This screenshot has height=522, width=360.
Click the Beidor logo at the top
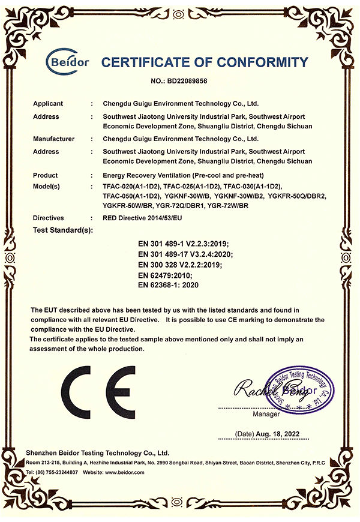[x=68, y=61]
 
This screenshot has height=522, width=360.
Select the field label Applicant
[x=48, y=103]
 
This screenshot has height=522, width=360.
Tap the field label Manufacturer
[x=54, y=139]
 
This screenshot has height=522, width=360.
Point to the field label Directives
[x=49, y=218]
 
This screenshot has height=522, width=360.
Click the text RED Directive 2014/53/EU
[x=142, y=218]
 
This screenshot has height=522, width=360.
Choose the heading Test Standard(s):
[x=64, y=230]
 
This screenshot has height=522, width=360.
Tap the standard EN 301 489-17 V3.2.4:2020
[x=185, y=253]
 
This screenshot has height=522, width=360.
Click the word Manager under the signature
[x=266, y=414]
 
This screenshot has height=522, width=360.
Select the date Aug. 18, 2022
[x=277, y=433]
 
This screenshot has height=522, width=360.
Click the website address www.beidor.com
[x=123, y=473]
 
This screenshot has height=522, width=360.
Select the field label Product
[x=46, y=175]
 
